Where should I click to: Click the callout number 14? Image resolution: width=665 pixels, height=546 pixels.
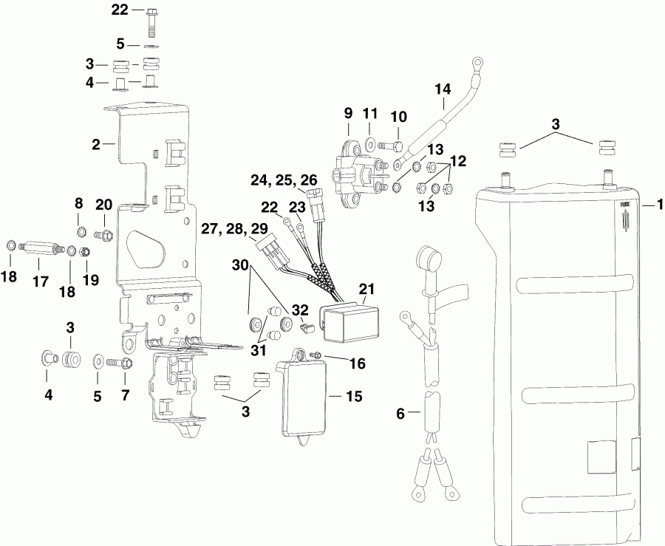(x=442, y=90)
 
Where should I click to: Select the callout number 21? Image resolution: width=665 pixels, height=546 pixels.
(x=367, y=287)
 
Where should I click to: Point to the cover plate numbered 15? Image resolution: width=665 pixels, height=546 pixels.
(x=305, y=400)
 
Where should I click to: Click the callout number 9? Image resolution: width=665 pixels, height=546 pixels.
(x=347, y=114)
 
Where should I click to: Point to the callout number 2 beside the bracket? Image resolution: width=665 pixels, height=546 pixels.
(x=96, y=145)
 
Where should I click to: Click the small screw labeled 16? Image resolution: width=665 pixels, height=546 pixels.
(x=315, y=358)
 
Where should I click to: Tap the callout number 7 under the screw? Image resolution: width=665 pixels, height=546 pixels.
(x=125, y=395)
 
